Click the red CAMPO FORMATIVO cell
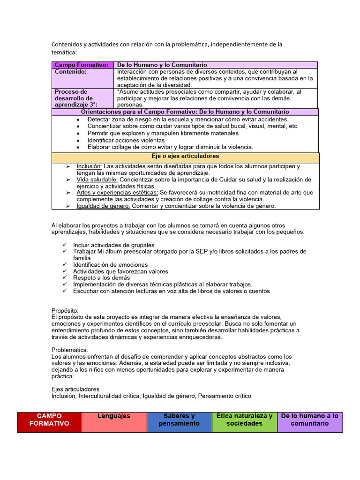click(49, 422)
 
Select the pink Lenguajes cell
click(114, 422)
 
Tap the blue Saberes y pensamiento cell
click(179, 422)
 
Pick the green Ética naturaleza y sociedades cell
click(244, 422)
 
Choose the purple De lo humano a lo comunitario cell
click(310, 422)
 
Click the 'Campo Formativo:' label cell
click(82, 65)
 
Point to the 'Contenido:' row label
click(71, 72)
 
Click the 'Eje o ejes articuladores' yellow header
click(186, 157)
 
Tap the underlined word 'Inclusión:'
click(89, 166)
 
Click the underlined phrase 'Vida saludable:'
click(97, 180)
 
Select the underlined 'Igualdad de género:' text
click(104, 206)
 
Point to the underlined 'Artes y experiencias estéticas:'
click(117, 193)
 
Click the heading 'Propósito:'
click(65, 311)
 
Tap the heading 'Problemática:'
click(69, 350)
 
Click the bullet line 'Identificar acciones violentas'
click(126, 140)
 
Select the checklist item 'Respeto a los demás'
click(102, 278)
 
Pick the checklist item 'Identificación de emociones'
click(110, 265)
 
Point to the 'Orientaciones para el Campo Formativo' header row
click(185, 112)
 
